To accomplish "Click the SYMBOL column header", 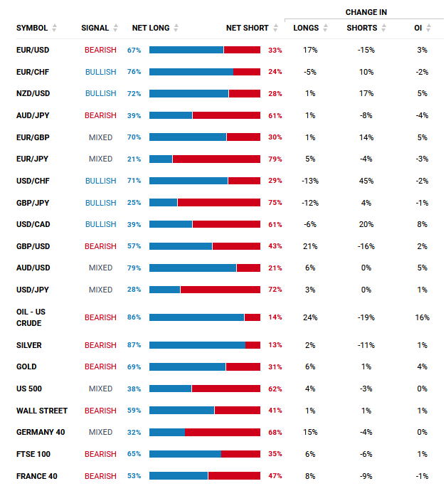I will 32,28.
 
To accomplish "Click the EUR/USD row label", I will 33,50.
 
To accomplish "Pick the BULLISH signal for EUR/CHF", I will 100,72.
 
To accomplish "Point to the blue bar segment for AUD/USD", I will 192,268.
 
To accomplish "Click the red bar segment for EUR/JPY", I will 216,159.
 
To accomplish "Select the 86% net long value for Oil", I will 134,317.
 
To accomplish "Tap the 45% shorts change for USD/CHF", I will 366,181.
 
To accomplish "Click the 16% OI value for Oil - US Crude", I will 422,317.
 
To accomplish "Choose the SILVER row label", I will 28,345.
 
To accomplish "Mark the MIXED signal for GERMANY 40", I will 100,432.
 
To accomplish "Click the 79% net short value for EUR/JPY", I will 275,159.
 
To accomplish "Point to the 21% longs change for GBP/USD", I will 309,246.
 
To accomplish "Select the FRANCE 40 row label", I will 36,475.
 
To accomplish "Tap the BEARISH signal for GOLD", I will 100,366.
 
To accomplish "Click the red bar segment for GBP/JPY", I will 218,202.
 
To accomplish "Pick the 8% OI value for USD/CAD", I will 422,224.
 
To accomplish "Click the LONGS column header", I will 306,28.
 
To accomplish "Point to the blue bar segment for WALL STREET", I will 181,410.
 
